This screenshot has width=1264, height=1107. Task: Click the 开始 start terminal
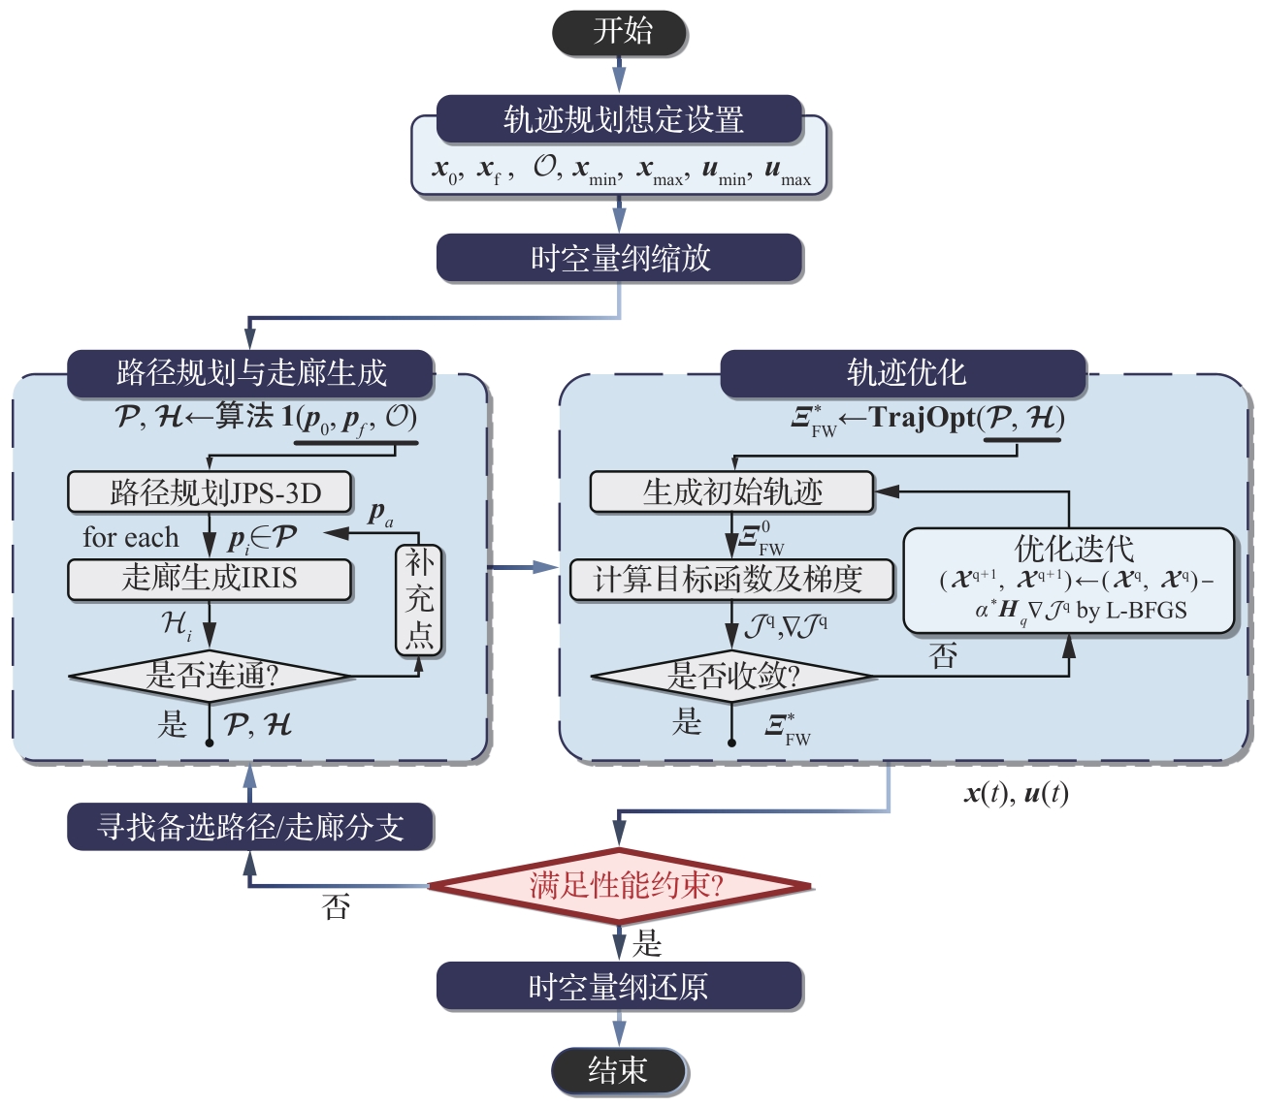coord(620,32)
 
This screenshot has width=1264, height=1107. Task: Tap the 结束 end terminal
coord(619,1070)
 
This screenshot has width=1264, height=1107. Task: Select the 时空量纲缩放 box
coord(620,258)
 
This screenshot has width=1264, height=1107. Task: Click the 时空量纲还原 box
coord(619,987)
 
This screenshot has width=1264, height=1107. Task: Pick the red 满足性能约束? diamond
coord(619,885)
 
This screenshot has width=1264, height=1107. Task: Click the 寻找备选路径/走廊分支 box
coord(249,827)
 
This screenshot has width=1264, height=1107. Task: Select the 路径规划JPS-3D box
coord(210,492)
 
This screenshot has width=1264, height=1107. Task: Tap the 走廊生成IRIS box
coord(210,579)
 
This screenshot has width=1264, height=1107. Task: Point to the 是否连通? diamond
coord(210,675)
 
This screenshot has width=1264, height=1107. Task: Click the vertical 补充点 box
coord(419,599)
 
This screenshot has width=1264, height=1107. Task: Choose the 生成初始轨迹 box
coord(732,492)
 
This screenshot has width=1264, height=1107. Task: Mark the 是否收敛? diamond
coord(732,675)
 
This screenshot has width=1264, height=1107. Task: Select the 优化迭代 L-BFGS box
coord(1068,581)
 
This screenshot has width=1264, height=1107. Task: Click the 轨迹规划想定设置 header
coord(620,119)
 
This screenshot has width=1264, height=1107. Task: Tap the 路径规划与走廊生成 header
coord(249,373)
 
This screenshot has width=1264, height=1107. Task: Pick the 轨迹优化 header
coord(903,373)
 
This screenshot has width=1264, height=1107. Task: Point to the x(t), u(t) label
coord(1016,794)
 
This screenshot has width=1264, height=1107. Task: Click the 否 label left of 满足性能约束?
coord(336,907)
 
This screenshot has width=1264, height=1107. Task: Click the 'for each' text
coord(131,537)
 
